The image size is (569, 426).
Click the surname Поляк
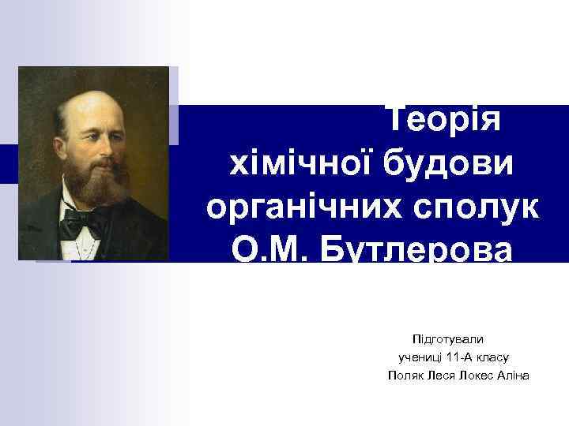[405, 376]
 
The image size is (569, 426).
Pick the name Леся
[443, 376]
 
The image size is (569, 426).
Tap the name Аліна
[514, 376]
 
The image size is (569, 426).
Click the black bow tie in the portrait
[82, 225]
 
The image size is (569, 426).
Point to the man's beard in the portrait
[93, 186]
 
